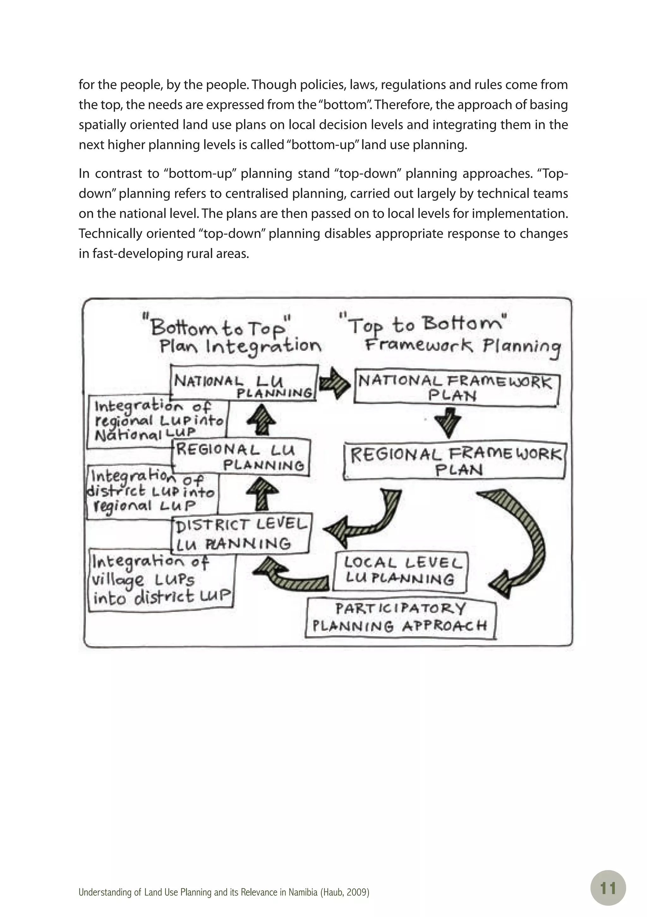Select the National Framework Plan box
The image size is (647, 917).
point(456,388)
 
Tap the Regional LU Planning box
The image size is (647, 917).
point(241,457)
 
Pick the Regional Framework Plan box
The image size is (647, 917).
point(455,461)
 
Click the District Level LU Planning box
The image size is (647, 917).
point(241,534)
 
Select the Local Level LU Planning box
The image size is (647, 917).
point(400,571)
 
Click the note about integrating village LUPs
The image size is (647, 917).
point(161,580)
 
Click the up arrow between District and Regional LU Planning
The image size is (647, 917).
point(262,494)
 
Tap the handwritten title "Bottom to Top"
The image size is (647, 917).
point(218,327)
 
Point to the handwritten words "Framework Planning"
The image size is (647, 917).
point(462,346)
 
